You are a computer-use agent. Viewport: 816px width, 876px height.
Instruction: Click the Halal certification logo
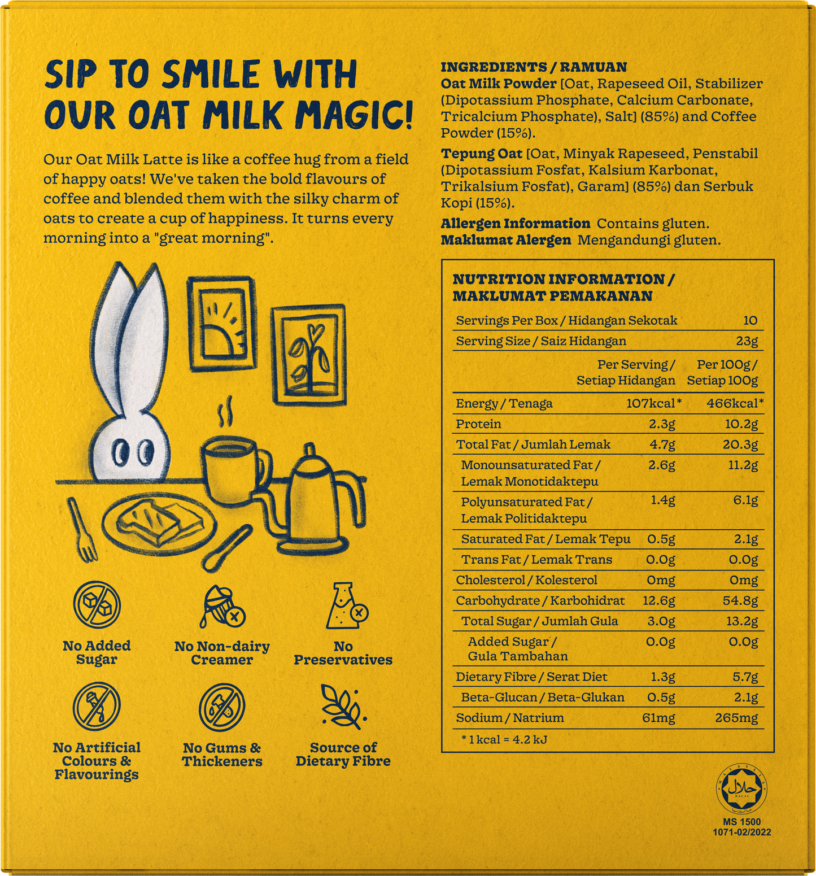(x=741, y=788)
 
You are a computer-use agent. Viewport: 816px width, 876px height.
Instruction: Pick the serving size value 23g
(x=747, y=341)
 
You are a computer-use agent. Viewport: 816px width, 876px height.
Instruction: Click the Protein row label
(x=478, y=424)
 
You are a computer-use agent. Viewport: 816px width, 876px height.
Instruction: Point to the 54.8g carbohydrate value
(x=740, y=600)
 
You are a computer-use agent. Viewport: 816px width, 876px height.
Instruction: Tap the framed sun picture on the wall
(x=220, y=322)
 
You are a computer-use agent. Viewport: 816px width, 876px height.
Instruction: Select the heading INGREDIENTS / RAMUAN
(x=534, y=67)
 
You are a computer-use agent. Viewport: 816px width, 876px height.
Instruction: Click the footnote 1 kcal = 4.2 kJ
(x=504, y=739)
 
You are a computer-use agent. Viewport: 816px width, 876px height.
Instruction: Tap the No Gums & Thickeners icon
(x=222, y=707)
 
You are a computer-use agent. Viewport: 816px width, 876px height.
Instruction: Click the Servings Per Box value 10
(x=750, y=321)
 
